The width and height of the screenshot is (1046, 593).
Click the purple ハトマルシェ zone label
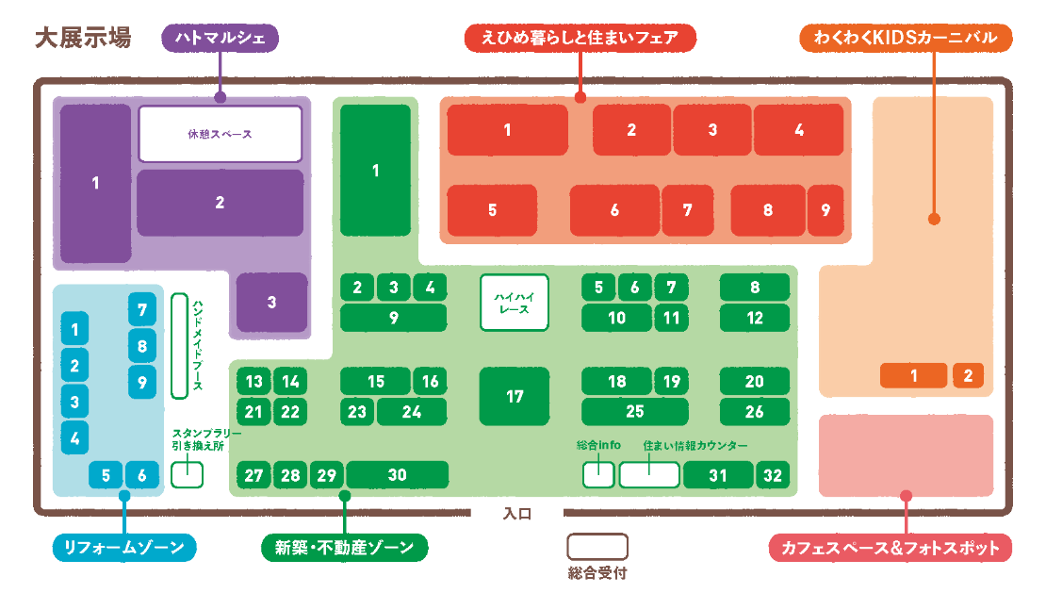[x=220, y=39]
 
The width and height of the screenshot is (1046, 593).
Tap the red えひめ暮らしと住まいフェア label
[x=580, y=39]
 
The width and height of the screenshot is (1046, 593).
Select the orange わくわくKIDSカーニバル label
[x=905, y=39]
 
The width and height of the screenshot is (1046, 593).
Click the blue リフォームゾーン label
[x=123, y=547]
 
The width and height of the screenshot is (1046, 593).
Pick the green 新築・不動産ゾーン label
[x=344, y=547]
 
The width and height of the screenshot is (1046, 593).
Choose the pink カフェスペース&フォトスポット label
[x=891, y=548]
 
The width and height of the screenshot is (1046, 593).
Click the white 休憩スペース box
[x=220, y=134]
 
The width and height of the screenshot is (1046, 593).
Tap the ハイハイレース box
[x=514, y=303]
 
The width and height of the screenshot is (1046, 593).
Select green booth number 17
[x=515, y=397]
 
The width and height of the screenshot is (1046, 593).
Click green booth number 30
[x=397, y=474]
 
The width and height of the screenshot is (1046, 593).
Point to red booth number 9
[x=825, y=209]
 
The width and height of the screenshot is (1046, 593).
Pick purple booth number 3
[x=271, y=303]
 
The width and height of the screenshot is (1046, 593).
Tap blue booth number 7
[x=142, y=309]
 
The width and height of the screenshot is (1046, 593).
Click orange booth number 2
[x=968, y=375]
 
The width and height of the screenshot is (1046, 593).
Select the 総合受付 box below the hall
[x=597, y=547]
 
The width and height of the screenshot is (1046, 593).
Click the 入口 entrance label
[x=517, y=515]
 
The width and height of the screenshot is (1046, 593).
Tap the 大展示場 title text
[x=82, y=39]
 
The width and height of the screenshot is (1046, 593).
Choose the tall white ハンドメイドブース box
[x=179, y=345]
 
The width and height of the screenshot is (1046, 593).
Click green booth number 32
[x=773, y=475]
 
